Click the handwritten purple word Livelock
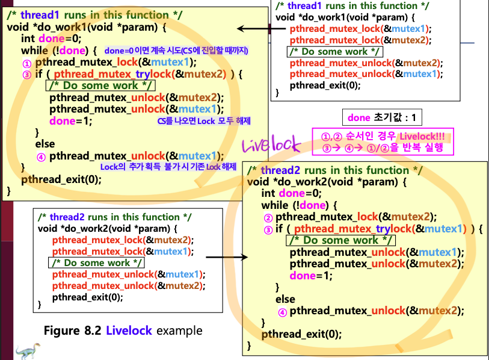(271, 144)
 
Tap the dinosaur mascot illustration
(28, 351)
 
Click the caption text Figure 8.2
(72, 331)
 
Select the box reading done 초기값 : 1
(382, 117)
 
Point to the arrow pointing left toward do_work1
(261, 29)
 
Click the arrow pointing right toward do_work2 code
(227, 257)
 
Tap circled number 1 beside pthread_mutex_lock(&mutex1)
(27, 64)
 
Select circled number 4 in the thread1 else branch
(41, 157)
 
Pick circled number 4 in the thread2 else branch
(282, 312)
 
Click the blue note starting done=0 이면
(176, 51)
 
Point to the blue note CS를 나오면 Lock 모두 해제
(204, 121)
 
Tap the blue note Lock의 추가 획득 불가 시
(168, 167)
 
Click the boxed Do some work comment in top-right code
(334, 52)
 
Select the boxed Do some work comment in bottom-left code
(96, 263)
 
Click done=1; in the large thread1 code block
(71, 121)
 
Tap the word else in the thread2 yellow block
(285, 299)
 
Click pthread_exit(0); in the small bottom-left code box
(88, 297)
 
